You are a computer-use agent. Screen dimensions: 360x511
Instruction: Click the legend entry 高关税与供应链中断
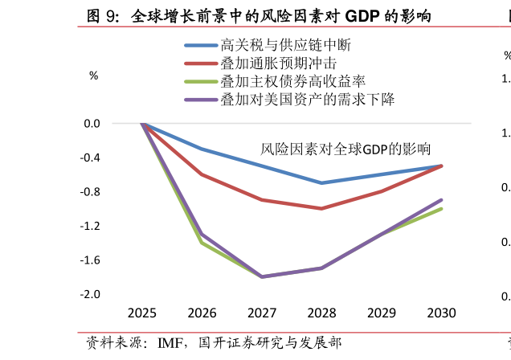(x=285, y=46)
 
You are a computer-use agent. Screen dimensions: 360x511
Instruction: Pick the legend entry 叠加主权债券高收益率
(x=292, y=81)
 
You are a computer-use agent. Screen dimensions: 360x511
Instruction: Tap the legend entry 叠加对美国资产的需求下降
(x=307, y=100)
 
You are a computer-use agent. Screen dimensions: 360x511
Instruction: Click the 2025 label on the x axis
(x=142, y=313)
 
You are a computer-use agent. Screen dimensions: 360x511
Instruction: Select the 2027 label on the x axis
(x=262, y=313)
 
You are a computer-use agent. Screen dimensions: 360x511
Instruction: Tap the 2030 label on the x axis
(x=441, y=313)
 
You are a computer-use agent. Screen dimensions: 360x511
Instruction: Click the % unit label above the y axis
(x=94, y=76)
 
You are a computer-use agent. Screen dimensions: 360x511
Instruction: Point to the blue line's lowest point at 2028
(x=321, y=183)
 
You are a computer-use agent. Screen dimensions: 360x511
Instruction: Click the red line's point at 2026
(x=202, y=174)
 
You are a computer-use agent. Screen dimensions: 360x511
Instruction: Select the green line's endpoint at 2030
(x=441, y=209)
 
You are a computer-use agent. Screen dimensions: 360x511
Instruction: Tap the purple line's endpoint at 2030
(x=441, y=200)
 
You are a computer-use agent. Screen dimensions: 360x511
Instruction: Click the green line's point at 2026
(x=202, y=243)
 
